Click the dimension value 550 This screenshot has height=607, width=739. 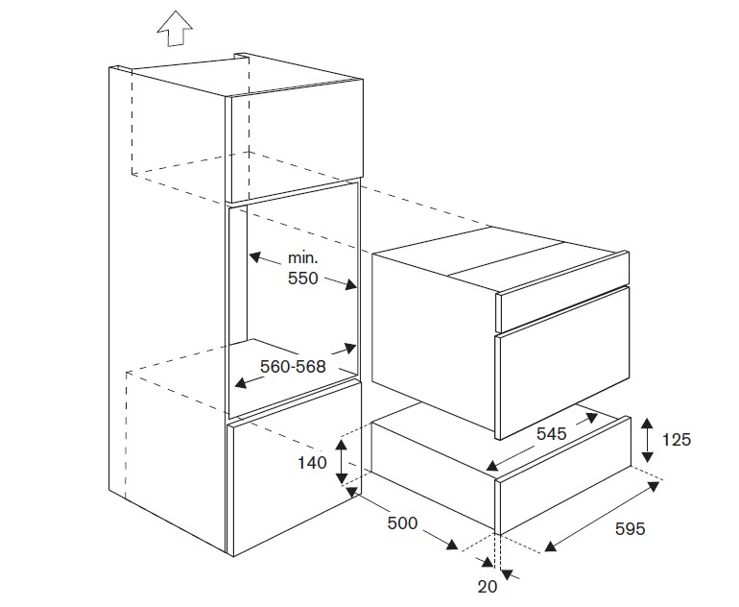[x=303, y=279]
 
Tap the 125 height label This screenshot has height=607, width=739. [x=678, y=440]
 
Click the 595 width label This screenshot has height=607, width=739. [x=629, y=529]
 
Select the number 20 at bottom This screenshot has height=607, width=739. [x=487, y=586]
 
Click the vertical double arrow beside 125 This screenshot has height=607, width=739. [x=648, y=439]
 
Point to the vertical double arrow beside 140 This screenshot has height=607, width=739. [x=340, y=461]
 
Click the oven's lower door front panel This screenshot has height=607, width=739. [x=562, y=379]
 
